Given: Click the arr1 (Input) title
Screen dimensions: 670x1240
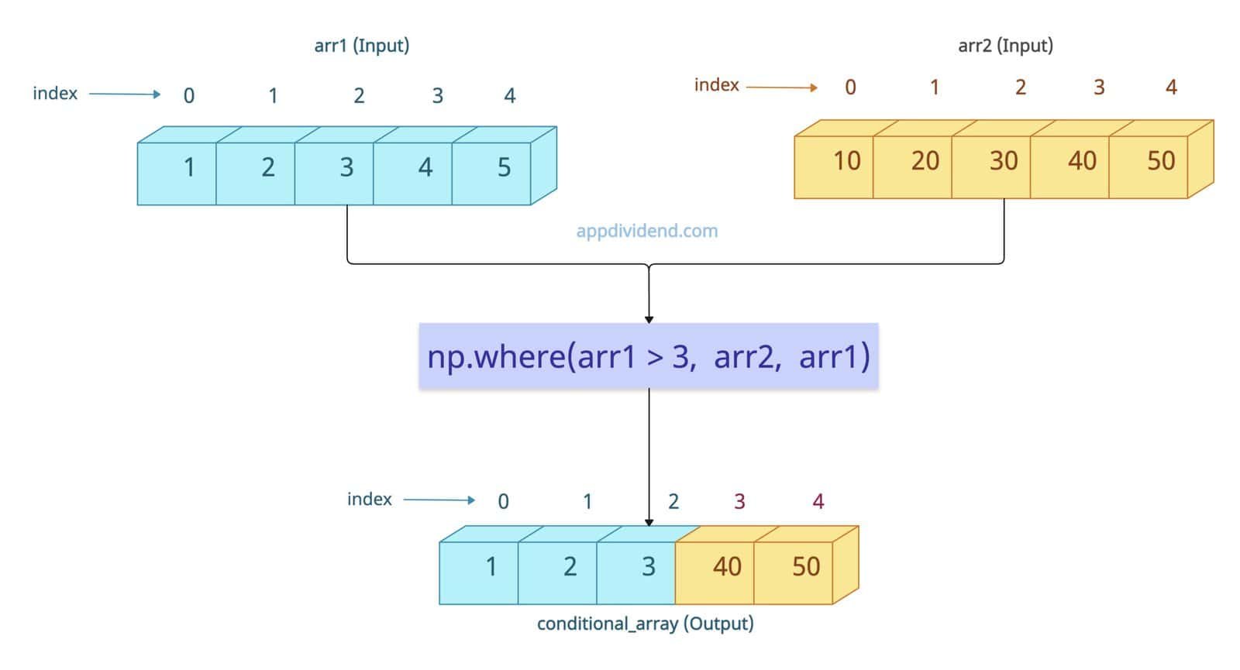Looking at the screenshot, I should pos(361,45).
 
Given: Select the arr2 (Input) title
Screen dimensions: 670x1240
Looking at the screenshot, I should pos(1005,45).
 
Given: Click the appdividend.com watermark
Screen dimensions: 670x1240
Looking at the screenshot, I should pos(647,231).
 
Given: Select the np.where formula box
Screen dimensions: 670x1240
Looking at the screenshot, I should pos(649,356).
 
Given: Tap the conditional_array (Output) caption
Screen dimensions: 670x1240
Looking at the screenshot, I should pos(645,624).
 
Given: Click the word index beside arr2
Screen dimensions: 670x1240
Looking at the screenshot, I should pos(716,85).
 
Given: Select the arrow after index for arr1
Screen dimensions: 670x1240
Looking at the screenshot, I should pos(124,94).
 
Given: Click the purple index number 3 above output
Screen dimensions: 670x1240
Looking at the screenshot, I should pos(739,502).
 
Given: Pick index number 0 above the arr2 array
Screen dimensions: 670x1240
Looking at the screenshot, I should pos(850,88).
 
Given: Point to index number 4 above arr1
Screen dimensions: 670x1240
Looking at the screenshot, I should pos(509,96).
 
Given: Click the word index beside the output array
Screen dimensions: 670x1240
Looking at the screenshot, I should pos(369,500).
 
